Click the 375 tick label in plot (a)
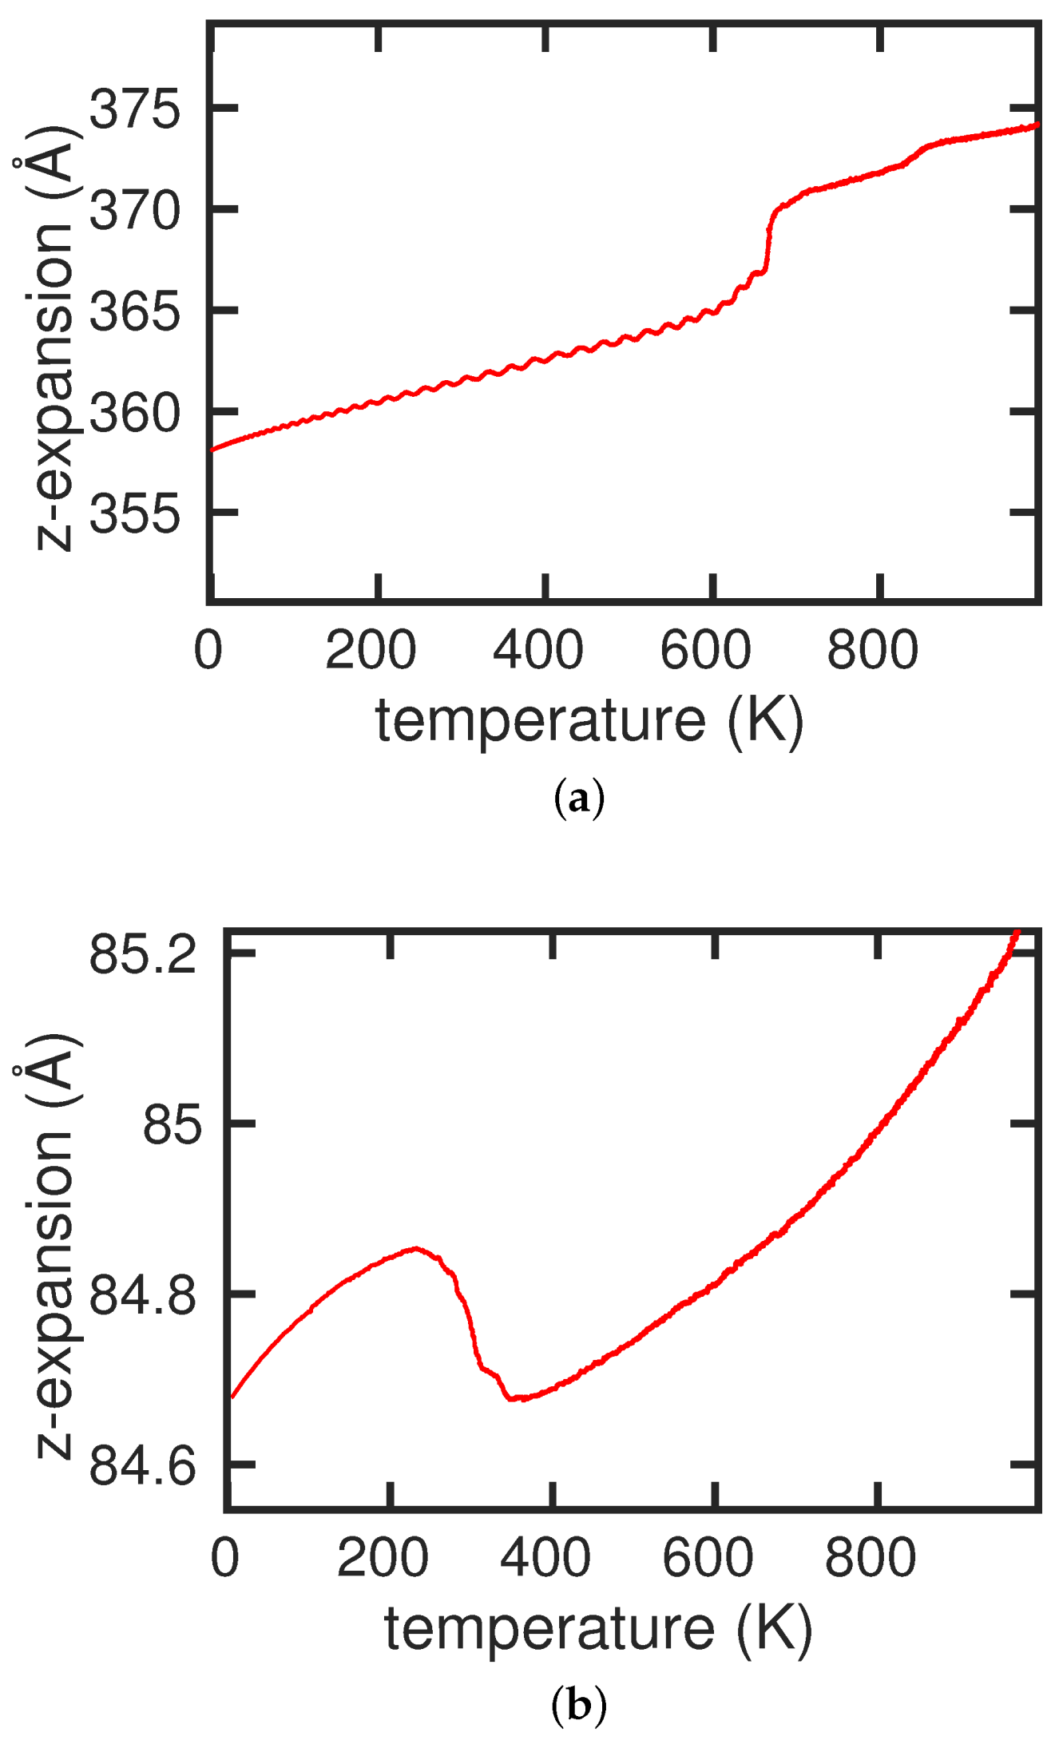[x=135, y=109]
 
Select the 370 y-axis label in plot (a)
[x=135, y=211]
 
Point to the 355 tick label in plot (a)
[x=135, y=513]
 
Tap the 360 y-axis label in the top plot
[x=135, y=413]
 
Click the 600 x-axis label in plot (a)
[x=705, y=650]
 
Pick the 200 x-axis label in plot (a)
[x=371, y=650]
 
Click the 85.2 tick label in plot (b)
[x=143, y=953]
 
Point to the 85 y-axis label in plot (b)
[x=171, y=1126]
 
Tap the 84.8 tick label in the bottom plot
[x=143, y=1295]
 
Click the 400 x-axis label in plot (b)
[x=545, y=1558]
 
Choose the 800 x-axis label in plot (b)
[x=871, y=1558]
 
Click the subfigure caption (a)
[x=578, y=799]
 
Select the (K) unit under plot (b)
[x=774, y=1628]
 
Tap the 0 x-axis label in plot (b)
[x=224, y=1558]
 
